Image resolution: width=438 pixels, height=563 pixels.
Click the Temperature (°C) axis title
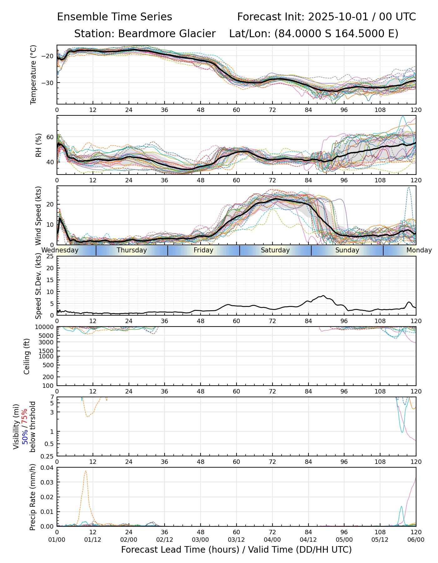33,74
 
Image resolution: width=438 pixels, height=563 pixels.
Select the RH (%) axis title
38,145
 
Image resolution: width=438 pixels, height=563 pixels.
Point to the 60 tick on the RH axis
50,137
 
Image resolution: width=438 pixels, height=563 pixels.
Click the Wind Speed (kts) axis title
38,216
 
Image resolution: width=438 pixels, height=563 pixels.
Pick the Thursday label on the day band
132,250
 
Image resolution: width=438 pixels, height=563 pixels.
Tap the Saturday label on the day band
275,250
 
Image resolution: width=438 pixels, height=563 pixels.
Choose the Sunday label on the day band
347,250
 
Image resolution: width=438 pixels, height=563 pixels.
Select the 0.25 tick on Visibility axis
48,456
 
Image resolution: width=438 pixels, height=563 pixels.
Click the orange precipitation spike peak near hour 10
85,471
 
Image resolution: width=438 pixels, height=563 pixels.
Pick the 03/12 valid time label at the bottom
237,540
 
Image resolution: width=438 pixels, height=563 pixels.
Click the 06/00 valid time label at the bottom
416,540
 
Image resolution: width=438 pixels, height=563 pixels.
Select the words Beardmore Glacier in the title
166,34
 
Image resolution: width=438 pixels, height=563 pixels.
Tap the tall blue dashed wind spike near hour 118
408,187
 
